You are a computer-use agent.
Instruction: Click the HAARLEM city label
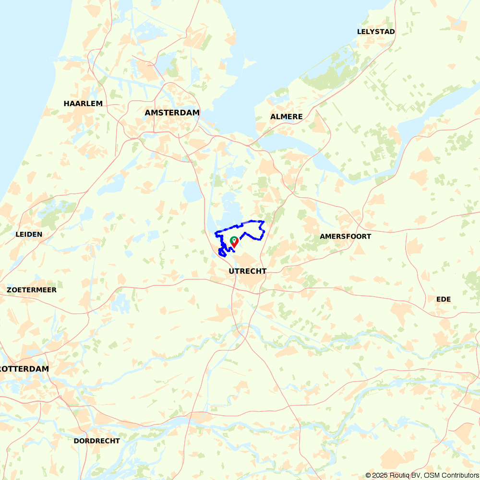[x=83, y=104]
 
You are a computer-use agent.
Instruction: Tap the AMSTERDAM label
[x=172, y=112]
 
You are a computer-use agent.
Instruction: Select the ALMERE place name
[x=286, y=117]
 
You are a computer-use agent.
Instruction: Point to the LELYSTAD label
[x=376, y=32]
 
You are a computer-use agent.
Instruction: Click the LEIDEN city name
[x=29, y=234]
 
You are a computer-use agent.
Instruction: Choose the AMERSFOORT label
[x=345, y=236]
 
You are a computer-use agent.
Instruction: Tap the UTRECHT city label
[x=247, y=271]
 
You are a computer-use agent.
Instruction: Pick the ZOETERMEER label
[x=32, y=290]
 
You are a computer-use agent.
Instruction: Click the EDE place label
[x=444, y=299]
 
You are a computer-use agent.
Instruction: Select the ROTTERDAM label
[x=24, y=369]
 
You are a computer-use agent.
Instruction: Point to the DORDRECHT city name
[x=96, y=441]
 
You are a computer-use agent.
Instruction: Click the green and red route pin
[x=234, y=242]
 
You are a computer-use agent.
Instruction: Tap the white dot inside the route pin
[x=233, y=239]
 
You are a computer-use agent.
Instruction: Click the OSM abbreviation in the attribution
[x=432, y=475]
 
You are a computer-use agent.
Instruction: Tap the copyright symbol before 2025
[x=369, y=475]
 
